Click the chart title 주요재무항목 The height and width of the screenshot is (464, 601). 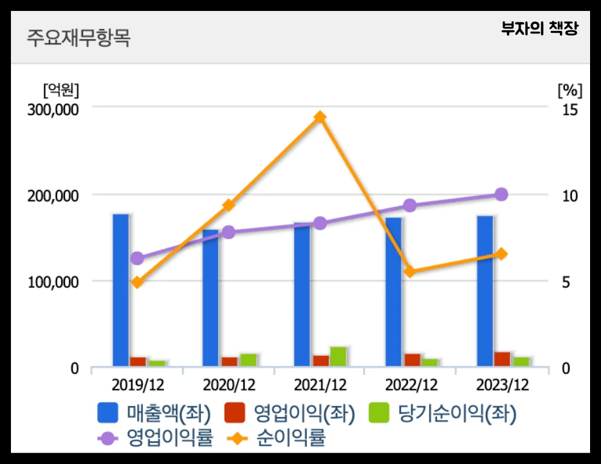(78, 38)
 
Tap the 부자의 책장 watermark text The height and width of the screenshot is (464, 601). (540, 29)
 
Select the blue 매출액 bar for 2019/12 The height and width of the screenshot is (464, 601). (120, 290)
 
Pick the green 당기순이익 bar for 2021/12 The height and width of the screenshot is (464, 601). (338, 357)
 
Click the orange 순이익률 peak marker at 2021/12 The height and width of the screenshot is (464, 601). (320, 117)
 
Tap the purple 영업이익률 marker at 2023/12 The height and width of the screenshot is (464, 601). (502, 194)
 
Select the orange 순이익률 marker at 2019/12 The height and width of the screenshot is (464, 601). (137, 282)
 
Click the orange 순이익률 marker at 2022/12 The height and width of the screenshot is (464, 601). (411, 272)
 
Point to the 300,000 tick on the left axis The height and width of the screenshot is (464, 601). (53, 109)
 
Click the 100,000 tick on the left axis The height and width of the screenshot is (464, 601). (53, 282)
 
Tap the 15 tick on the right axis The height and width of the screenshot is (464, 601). (569, 109)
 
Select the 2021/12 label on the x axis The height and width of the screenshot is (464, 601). (320, 385)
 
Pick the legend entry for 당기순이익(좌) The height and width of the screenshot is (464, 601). (444, 413)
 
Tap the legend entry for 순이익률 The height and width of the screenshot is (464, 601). (277, 439)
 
